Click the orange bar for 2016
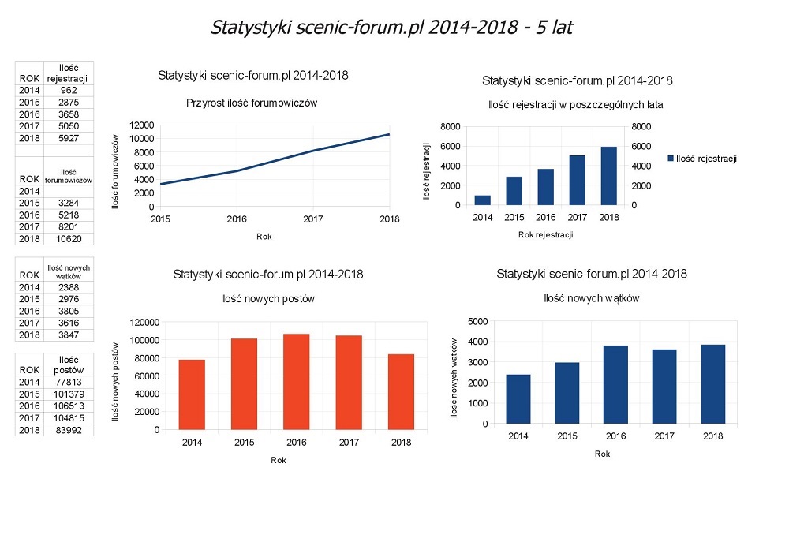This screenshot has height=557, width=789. coord(297,382)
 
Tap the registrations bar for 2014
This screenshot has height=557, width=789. coord(482,200)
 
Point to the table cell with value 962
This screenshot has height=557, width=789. coord(68,91)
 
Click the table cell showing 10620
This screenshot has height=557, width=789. coord(68,238)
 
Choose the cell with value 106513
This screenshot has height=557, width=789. coord(68,406)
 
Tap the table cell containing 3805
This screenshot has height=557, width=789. coord(68,311)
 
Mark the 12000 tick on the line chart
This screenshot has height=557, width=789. coord(142,125)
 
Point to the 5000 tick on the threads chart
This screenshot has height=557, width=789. coord(478,321)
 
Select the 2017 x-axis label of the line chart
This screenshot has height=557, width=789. coord(313,219)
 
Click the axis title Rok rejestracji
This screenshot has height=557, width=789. coord(545,234)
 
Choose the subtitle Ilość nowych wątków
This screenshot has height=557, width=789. coord(591,298)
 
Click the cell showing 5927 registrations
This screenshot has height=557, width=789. coord(68,138)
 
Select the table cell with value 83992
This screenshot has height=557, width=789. coord(68,430)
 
